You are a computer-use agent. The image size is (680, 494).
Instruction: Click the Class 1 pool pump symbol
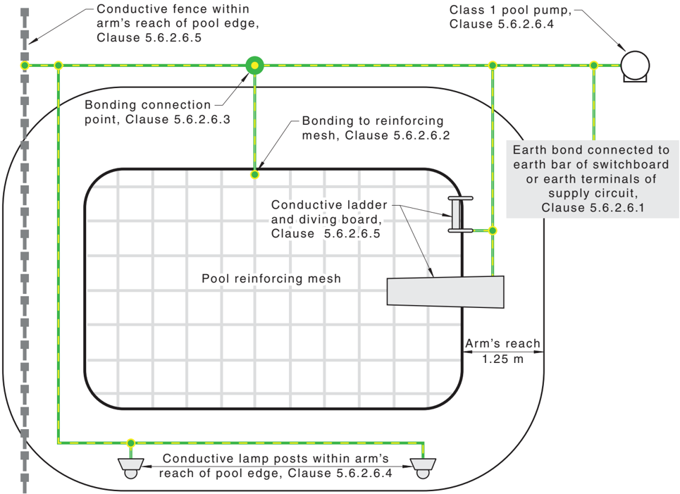pyautogui.click(x=635, y=66)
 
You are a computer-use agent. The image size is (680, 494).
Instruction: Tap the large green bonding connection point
pyautogui.click(x=254, y=66)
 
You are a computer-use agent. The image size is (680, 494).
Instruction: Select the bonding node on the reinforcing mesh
pyautogui.click(x=254, y=175)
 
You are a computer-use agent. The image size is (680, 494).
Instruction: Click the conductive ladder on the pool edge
pyautogui.click(x=459, y=214)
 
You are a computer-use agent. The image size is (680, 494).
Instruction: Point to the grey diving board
pyautogui.click(x=445, y=292)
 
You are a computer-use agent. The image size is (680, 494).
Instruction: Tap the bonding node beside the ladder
pyautogui.click(x=493, y=230)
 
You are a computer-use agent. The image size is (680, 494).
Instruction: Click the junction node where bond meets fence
pyautogui.click(x=25, y=66)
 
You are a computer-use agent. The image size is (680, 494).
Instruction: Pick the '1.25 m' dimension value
pyautogui.click(x=503, y=359)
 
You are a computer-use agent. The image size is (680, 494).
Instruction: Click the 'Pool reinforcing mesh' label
pyautogui.click(x=271, y=278)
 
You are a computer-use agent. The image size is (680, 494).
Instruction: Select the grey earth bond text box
pyautogui.click(x=593, y=179)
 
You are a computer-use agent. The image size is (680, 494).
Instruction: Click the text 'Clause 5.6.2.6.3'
pyautogui.click(x=178, y=119)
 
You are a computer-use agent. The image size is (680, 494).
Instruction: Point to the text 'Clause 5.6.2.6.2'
pyautogui.click(x=397, y=135)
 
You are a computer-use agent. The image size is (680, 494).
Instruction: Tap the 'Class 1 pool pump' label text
pyautogui.click(x=510, y=10)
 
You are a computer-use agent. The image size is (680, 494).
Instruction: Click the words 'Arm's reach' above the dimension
pyautogui.click(x=502, y=343)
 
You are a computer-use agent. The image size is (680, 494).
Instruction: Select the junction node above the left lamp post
pyautogui.click(x=130, y=443)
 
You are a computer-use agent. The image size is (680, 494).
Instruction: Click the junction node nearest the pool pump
pyautogui.click(x=594, y=66)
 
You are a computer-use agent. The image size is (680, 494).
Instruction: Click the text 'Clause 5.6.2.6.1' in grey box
pyautogui.click(x=593, y=207)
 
